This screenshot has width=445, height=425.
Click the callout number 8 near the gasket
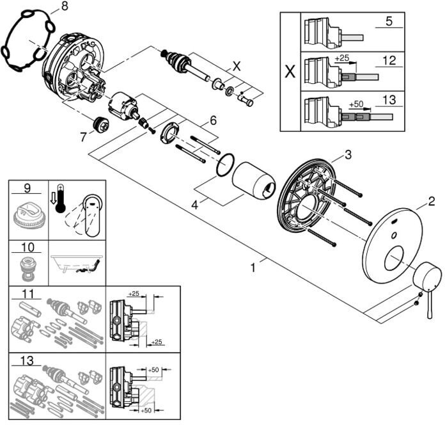click(x=65, y=6)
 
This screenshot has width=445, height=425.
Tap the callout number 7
click(x=83, y=138)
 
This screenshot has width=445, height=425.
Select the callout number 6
click(x=213, y=120)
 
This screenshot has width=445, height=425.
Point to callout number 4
click(x=194, y=205)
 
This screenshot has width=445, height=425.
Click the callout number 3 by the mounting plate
click(x=348, y=155)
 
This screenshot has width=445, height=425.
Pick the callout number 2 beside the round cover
click(x=431, y=202)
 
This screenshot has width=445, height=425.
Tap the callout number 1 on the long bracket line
click(x=253, y=268)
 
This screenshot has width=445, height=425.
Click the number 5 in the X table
click(x=389, y=21)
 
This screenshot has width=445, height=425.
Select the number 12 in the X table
click(x=389, y=61)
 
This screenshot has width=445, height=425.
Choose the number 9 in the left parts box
click(x=27, y=188)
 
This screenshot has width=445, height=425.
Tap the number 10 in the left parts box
click(x=28, y=247)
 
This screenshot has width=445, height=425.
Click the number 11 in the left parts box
click(x=28, y=294)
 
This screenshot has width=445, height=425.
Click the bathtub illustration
click(x=77, y=264)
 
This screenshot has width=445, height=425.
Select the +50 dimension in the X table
click(x=356, y=104)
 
